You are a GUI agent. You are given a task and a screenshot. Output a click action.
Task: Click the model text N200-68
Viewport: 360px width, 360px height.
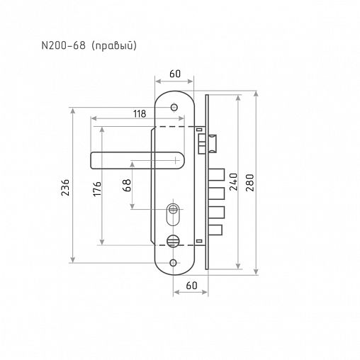click(x=63, y=45)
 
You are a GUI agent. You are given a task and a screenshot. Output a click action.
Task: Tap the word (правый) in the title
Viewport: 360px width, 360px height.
click(x=114, y=46)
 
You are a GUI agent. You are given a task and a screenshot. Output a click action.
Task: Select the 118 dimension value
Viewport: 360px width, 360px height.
click(x=140, y=114)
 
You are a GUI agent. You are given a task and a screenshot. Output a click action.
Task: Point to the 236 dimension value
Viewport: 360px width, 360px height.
click(x=65, y=187)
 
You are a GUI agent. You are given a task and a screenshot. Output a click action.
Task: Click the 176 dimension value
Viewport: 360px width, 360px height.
click(x=97, y=189)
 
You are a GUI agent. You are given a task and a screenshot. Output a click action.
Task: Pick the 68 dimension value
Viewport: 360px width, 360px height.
click(x=127, y=185)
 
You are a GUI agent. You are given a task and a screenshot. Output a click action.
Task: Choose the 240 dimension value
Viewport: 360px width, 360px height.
click(x=234, y=181)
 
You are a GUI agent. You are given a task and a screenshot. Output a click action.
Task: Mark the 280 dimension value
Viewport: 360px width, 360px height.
click(x=249, y=183)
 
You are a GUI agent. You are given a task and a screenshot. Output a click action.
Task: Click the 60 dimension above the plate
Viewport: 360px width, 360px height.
click(x=175, y=74)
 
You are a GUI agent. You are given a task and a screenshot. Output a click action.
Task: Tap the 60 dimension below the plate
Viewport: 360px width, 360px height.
click(x=191, y=286)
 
